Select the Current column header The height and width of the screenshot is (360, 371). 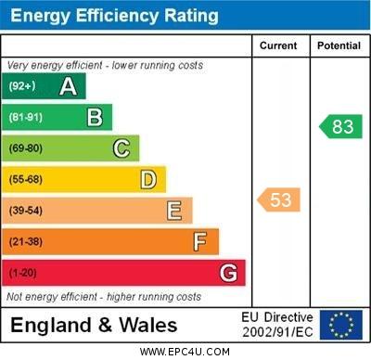point(278,45)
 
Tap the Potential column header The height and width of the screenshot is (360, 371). point(339,45)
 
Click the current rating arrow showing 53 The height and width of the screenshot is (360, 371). point(279,199)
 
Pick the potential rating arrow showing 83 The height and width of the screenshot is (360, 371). point(339,127)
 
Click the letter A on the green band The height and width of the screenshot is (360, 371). point(68,86)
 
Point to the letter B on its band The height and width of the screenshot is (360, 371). point(95,117)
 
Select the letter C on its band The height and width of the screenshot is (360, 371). point(122,148)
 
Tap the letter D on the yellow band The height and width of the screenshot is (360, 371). point(147,179)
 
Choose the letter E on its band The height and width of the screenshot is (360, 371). point(174,211)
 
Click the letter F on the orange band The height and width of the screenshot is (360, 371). point(199,241)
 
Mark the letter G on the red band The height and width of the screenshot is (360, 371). point(228,273)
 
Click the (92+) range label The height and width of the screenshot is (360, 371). point(21,86)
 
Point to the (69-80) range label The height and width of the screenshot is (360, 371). point(26,148)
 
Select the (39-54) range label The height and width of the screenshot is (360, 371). point(26,211)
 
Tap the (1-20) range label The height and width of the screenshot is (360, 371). point(23,273)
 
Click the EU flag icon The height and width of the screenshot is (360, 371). point(340,325)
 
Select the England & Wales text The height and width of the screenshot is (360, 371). point(94,326)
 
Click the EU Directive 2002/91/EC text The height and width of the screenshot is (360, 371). point(276,325)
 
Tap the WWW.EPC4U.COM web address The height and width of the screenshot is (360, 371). point(185,352)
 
